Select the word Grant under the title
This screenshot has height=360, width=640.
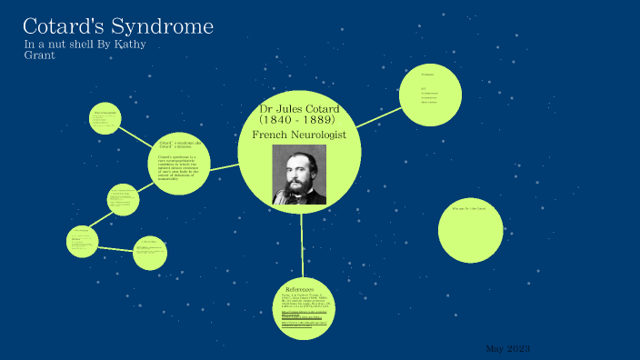[x=39, y=55]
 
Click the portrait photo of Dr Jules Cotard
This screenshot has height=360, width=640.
[x=299, y=174]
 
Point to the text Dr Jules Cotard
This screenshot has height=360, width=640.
[x=299, y=109]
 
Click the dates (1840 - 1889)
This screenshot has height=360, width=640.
[x=299, y=120]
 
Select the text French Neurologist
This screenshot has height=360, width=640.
[x=299, y=135]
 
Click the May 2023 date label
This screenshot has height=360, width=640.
[x=507, y=349]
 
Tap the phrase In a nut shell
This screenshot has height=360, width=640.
[x=57, y=45]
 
